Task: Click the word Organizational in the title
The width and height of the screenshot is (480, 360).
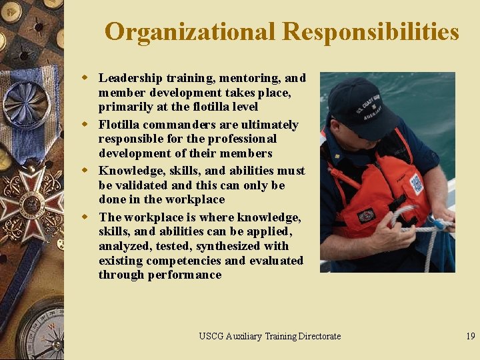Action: [x=190, y=31]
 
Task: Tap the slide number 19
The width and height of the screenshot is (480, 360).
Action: [x=471, y=336]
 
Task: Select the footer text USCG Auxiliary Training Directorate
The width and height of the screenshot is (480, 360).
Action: [x=269, y=336]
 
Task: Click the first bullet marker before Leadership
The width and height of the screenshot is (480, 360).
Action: [x=85, y=77]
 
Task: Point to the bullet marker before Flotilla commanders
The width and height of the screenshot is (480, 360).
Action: [x=85, y=124]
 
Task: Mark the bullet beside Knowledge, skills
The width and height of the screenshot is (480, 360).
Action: [x=85, y=170]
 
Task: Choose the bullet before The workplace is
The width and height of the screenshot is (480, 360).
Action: [x=85, y=217]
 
